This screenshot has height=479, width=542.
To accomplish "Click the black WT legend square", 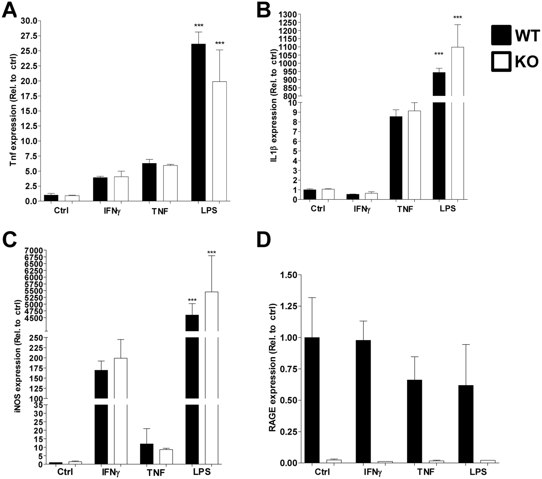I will [501, 35].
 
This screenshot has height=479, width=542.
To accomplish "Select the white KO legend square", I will [501, 61].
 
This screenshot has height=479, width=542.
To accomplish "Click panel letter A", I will [9, 10].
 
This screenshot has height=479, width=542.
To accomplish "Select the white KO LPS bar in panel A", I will [219, 141].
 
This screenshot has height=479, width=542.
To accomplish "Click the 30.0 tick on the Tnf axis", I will [29, 21].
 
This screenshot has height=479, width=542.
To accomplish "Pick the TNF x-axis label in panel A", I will [160, 211].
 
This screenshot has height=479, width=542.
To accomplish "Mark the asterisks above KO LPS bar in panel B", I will [457, 17].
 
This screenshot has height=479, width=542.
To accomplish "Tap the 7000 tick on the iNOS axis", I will [34, 250].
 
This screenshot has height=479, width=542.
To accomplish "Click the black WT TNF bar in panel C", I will [146, 454].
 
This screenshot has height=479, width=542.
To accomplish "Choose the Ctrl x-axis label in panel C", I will [65, 472].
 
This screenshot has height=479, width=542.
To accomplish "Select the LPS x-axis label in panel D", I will [478, 472].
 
